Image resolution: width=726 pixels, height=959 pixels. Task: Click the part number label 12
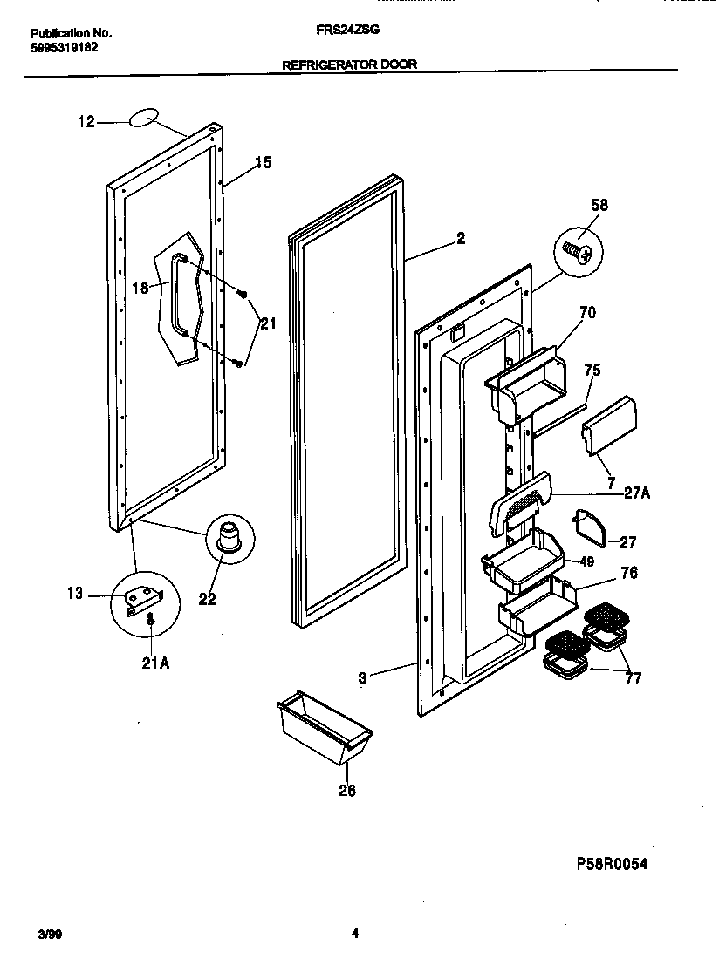[x=86, y=123]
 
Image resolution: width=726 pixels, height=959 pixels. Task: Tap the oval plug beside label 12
[x=146, y=119]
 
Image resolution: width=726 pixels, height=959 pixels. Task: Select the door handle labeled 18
[x=181, y=294]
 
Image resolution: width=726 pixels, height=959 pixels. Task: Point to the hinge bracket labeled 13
[x=142, y=601]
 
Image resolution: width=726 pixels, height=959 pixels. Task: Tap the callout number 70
[x=587, y=312]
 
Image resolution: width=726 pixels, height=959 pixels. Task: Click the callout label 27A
[x=636, y=493]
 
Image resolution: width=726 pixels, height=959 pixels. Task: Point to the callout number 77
[x=633, y=678]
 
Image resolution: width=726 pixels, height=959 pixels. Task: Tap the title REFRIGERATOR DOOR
[x=349, y=64]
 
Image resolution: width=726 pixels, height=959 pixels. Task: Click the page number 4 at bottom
[x=354, y=934]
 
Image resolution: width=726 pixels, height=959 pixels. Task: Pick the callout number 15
[x=263, y=162]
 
